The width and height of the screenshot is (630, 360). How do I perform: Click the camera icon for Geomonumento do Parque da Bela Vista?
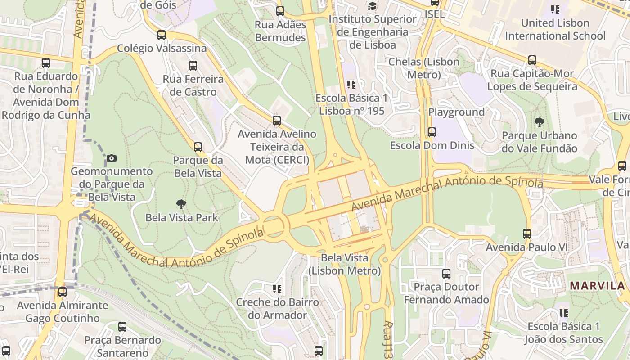(x=112, y=158)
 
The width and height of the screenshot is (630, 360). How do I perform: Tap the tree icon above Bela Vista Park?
(x=181, y=204)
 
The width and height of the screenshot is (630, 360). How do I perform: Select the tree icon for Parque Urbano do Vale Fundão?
(x=539, y=122)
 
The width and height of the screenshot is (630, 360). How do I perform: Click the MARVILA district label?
(x=597, y=285)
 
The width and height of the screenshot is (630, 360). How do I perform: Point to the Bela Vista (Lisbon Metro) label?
(x=345, y=265)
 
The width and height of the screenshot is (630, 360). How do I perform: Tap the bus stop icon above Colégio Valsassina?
(x=162, y=35)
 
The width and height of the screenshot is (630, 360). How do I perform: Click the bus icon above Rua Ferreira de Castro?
(x=193, y=66)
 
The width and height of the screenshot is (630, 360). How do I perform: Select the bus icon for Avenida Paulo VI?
(x=527, y=234)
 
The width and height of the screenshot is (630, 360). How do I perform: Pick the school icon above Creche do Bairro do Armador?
(x=277, y=288)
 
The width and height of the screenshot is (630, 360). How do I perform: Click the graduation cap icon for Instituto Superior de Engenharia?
(x=372, y=6)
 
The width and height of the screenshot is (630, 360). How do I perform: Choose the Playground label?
(x=456, y=112)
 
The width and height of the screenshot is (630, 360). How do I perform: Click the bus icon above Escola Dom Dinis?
(x=432, y=132)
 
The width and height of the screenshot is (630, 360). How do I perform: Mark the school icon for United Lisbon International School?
(x=555, y=9)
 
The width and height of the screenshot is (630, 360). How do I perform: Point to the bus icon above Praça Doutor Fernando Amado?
(x=446, y=274)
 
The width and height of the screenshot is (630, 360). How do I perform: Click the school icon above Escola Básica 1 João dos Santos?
(x=563, y=313)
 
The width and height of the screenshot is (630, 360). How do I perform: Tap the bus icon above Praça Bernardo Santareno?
(x=122, y=327)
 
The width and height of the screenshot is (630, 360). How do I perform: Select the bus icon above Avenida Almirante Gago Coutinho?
(x=63, y=292)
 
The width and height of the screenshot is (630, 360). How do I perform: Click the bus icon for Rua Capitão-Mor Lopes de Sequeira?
(x=532, y=60)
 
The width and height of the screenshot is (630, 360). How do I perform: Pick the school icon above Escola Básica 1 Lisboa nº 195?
(x=351, y=84)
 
